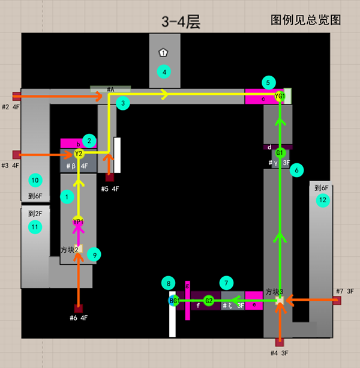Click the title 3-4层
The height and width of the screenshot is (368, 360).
click(180, 22)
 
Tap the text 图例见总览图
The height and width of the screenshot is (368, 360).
click(306, 20)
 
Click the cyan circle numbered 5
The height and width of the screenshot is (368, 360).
click(269, 82)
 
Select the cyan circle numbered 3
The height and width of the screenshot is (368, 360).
click(122, 103)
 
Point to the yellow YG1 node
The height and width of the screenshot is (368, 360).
click(280, 96)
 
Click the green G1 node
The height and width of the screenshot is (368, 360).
click(280, 153)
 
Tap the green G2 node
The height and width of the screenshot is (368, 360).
click(209, 300)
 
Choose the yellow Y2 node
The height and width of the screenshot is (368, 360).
click(79, 154)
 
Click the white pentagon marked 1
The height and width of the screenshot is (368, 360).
click(163, 53)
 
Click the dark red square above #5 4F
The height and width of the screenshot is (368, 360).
click(109, 177)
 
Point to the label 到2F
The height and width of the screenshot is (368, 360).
click(35, 213)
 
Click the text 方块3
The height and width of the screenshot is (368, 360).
click(275, 292)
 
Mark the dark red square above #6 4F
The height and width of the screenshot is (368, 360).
click(78, 308)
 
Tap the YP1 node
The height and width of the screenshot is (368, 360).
click(78, 222)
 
